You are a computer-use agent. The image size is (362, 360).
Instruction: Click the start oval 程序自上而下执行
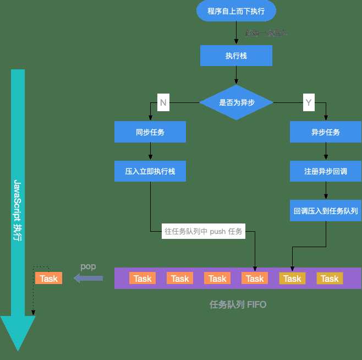point(236,11)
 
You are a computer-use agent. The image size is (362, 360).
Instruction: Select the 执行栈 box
point(236,56)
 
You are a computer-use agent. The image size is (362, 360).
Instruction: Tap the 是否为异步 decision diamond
point(236,102)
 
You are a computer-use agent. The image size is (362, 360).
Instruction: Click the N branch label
point(163,102)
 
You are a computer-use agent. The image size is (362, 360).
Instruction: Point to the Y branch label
point(308,102)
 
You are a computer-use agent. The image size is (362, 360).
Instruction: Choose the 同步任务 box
point(150,132)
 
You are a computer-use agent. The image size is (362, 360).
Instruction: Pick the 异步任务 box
point(326,132)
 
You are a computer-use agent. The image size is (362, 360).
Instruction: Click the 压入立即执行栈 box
point(150,171)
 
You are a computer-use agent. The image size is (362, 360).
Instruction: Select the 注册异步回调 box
point(326,171)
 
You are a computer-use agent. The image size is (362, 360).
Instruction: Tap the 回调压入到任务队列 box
point(326,210)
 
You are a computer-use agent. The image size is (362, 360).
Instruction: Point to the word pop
point(88,266)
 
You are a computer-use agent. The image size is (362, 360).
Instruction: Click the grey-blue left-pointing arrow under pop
point(88,279)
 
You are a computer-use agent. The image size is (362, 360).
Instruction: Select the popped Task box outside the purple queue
point(48,279)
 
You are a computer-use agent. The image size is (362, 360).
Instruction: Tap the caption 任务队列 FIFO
point(238,304)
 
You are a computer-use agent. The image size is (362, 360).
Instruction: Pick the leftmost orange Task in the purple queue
point(142,279)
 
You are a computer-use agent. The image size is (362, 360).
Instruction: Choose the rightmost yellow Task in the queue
point(330,279)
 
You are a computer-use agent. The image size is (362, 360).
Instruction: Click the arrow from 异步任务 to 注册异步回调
point(326,152)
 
